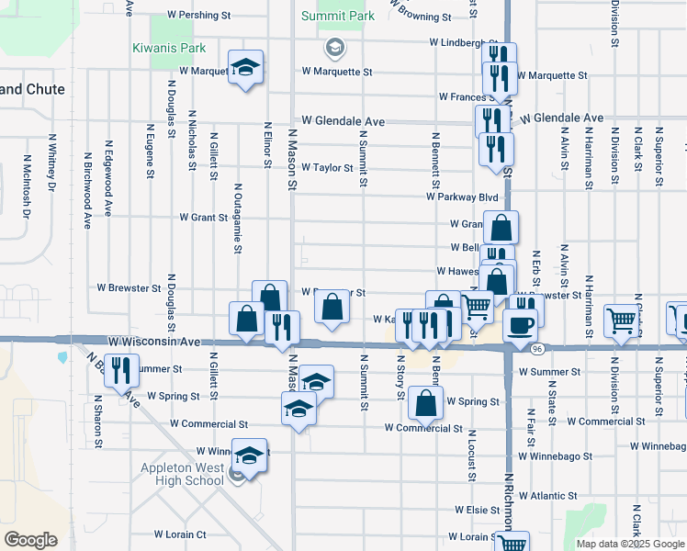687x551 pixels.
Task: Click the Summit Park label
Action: [x=338, y=17]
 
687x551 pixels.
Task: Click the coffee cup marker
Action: [x=521, y=326]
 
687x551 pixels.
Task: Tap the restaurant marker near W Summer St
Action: [x=120, y=371]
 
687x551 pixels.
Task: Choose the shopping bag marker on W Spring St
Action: [x=426, y=402]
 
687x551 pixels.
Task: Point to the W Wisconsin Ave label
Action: [x=153, y=341]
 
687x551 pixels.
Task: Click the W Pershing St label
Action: [x=198, y=16]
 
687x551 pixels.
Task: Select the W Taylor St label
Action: [x=324, y=168]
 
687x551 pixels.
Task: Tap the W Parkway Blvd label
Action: [x=462, y=197]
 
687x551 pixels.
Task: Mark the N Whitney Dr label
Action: [x=52, y=162]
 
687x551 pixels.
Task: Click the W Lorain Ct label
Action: [x=180, y=534]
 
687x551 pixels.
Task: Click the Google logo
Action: [x=30, y=540]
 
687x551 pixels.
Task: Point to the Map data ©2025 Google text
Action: [x=630, y=544]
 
